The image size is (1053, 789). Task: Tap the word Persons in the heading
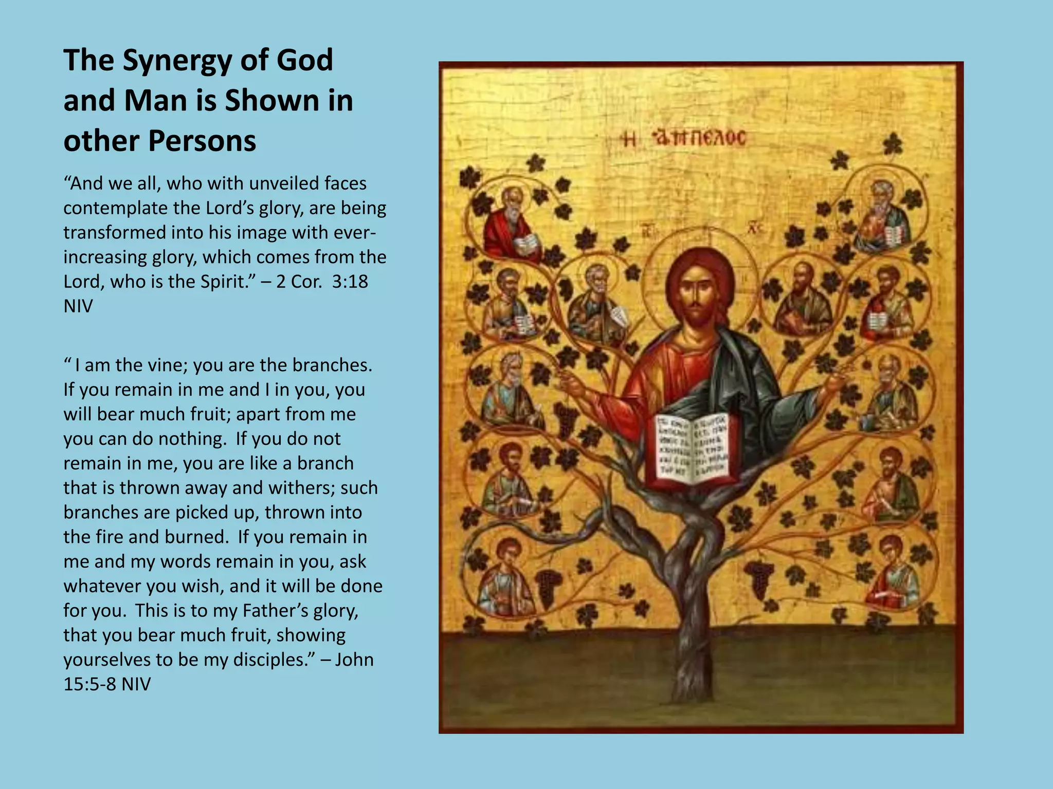(202, 141)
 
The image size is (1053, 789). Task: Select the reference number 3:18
(350, 281)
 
